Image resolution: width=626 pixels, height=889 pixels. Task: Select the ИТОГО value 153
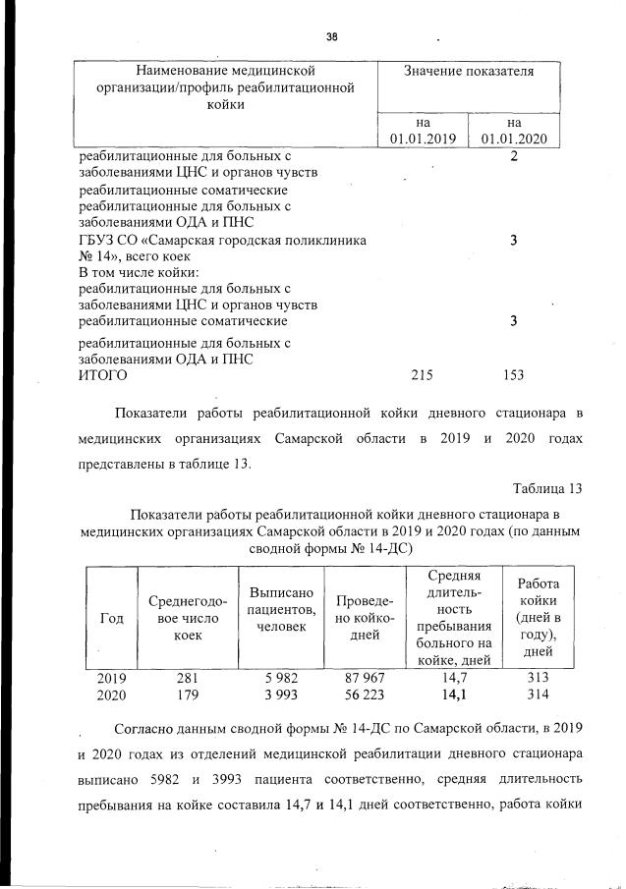(x=513, y=374)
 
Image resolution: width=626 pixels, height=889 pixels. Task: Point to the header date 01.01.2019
(x=424, y=139)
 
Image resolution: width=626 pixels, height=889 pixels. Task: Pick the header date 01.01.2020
(x=514, y=139)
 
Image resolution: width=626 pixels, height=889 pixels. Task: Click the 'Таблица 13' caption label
(x=547, y=488)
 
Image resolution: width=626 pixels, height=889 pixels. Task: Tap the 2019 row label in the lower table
(x=111, y=678)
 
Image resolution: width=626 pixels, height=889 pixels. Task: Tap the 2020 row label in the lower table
(x=111, y=695)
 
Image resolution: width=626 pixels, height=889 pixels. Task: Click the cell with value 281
(x=187, y=678)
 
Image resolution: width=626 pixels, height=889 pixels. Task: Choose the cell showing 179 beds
(x=187, y=695)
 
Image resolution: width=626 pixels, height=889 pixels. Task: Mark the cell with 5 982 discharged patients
(x=281, y=678)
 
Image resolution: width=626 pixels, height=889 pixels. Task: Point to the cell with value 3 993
(x=281, y=695)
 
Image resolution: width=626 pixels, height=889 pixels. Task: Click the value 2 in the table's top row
(x=514, y=156)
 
